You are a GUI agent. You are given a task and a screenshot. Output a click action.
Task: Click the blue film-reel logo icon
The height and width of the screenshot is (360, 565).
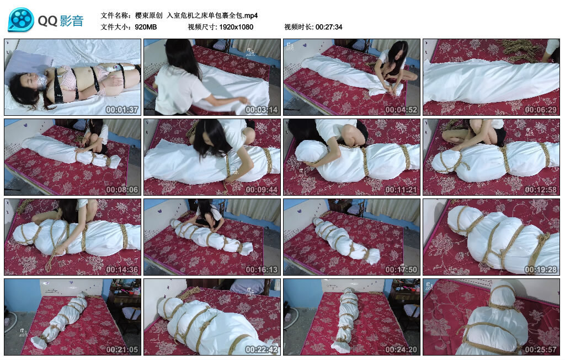tap(21, 20)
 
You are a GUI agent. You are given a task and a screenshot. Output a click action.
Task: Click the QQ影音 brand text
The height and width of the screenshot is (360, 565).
tap(61, 21)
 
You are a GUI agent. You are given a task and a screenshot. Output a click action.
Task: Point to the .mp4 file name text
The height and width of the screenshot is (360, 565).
tap(196, 15)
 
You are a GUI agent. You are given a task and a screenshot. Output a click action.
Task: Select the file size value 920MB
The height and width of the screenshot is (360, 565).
tap(146, 27)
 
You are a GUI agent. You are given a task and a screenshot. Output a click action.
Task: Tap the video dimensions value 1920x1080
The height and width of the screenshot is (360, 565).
tap(236, 27)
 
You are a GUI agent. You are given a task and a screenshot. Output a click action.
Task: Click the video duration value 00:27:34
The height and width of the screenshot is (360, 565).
tap(329, 27)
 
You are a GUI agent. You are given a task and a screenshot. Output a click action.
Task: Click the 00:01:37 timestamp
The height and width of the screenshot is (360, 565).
tap(122, 110)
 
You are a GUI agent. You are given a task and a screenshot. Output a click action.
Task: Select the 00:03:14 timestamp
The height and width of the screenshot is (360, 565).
tap(262, 110)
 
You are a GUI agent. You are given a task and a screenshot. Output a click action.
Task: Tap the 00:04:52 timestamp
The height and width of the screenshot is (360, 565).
tap(401, 110)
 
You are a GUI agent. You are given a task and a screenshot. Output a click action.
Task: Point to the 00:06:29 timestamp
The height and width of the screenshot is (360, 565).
tap(541, 110)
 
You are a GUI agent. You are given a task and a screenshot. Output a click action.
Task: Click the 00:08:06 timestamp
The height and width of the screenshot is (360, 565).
tap(122, 190)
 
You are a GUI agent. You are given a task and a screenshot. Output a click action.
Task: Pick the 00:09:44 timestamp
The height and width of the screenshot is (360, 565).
tap(262, 190)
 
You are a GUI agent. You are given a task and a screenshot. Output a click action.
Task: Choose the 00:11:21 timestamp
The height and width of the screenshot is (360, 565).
tap(401, 190)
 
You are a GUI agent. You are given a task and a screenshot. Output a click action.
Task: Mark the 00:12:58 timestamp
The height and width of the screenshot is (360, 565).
tap(541, 190)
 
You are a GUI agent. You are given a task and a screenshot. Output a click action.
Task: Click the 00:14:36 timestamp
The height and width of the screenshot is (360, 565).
tap(122, 270)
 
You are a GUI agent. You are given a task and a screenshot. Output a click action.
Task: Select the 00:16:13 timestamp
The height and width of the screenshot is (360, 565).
tap(262, 270)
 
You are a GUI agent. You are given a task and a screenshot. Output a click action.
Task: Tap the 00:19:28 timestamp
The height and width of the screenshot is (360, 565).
tap(541, 270)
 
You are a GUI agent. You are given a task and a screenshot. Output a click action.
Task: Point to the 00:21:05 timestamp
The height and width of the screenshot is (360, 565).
tap(122, 350)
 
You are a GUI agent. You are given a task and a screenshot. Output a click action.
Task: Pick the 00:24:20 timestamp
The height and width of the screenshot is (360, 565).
tap(401, 350)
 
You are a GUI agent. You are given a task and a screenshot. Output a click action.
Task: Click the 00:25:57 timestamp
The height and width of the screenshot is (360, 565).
tap(541, 350)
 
